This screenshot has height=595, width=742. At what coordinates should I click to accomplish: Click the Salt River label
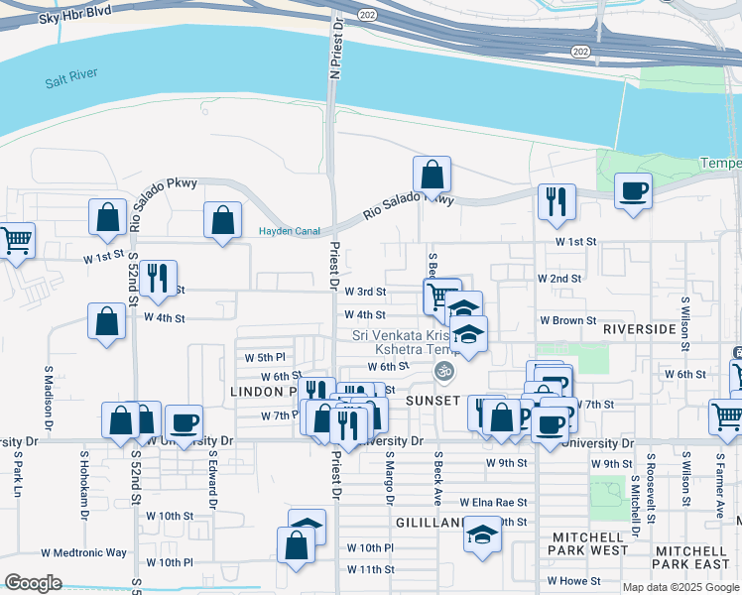pos(68,83)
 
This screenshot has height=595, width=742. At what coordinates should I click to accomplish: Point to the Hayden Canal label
pos(289,232)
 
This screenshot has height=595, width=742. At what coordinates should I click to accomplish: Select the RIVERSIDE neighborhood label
pos(639,327)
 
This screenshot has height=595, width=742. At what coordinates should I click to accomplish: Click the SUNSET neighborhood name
pos(433,400)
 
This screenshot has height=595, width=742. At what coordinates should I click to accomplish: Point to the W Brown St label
pos(567,321)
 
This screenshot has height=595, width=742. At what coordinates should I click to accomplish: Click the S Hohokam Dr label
pos(84,486)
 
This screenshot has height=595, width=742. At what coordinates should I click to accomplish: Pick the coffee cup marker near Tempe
pos(633,190)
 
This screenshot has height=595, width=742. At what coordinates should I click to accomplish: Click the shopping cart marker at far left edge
pos(14,241)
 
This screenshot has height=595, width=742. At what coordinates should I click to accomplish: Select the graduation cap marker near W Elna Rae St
pos(482,535)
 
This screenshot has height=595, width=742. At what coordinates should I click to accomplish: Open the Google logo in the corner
pos(34,583)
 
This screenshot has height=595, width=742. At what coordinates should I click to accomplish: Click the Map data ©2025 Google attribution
pos(681,586)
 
